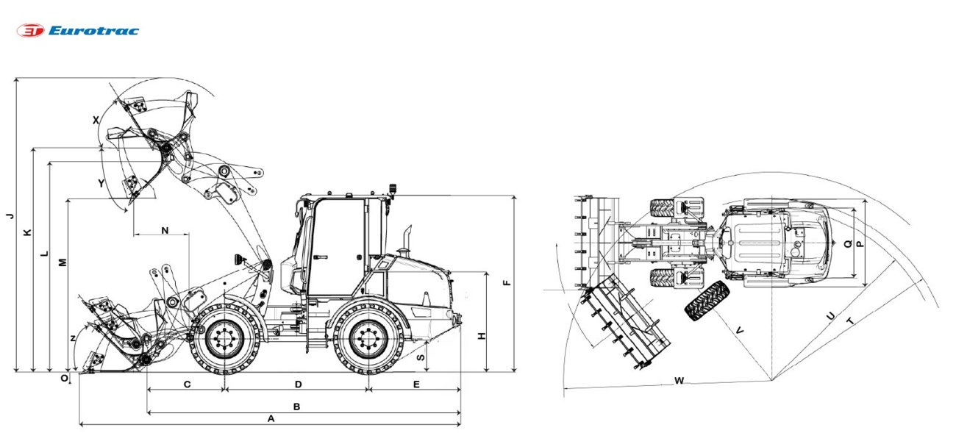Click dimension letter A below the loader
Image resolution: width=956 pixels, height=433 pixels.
(271, 418)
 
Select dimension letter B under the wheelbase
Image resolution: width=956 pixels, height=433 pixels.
(296, 407)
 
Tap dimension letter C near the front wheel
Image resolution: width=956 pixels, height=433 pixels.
(188, 384)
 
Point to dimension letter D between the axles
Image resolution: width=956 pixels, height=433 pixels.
(298, 384)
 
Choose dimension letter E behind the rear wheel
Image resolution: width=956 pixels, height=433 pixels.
(416, 384)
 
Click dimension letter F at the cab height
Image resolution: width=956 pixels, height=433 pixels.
(506, 283)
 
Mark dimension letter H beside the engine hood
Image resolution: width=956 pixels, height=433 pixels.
(482, 336)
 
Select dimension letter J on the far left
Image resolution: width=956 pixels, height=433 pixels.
(9, 215)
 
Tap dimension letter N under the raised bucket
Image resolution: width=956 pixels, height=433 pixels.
(165, 230)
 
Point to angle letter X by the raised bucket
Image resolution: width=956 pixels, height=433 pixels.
(96, 119)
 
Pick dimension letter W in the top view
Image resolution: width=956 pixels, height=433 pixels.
(679, 380)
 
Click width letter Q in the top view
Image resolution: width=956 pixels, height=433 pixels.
(848, 244)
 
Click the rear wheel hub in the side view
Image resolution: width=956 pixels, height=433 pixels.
(365, 340)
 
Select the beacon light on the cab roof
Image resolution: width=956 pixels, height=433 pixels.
(393, 189)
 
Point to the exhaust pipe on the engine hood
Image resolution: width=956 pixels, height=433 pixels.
(407, 239)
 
